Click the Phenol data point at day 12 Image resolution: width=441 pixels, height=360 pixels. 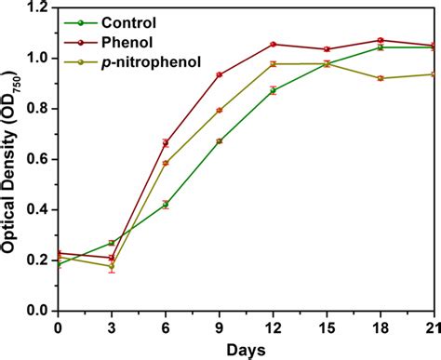[273, 45]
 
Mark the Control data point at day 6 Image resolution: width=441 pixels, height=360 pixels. [166, 205]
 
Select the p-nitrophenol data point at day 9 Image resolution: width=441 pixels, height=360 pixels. [220, 110]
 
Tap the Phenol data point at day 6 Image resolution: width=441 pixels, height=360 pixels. [166, 142]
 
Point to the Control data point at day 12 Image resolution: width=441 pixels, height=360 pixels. [273, 90]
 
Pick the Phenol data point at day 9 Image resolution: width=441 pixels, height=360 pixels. [220, 74]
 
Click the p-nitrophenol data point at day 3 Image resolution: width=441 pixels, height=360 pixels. [112, 266]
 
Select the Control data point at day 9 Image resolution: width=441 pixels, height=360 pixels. [220, 141]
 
